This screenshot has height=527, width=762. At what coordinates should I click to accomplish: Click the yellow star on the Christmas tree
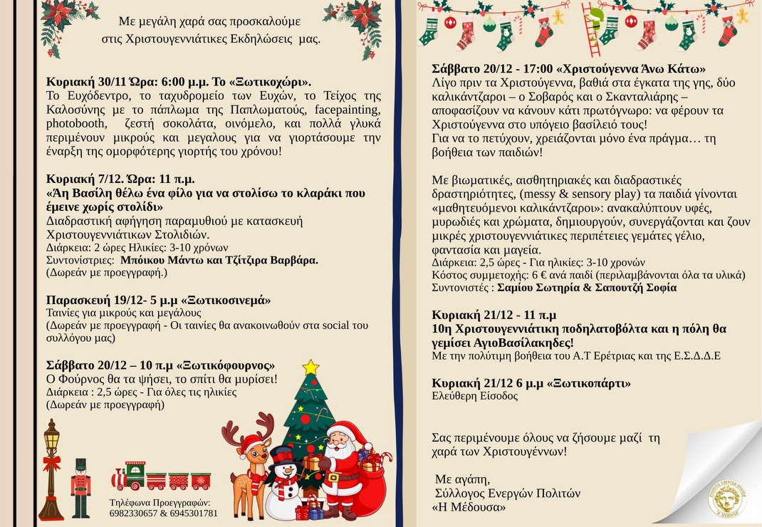pos(310,367)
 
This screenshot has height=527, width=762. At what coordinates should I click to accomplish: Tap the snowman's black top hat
pos(283,454)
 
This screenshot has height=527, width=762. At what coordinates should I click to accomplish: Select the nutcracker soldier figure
pos(80,486)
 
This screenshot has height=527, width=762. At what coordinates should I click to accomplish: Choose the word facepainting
pos(345,109)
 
